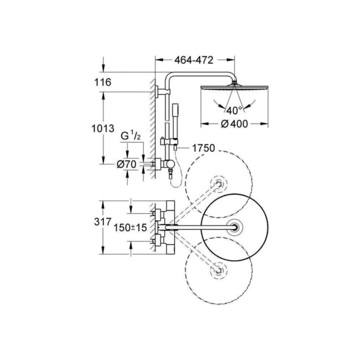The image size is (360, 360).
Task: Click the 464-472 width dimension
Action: [194, 60]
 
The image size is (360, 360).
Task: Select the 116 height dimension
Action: [103, 82]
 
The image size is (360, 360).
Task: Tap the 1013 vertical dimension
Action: [103, 129]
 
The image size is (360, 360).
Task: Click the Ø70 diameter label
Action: [126, 164]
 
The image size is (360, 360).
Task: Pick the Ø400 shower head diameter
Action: [234, 124]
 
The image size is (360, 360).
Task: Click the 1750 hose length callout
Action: [203, 148]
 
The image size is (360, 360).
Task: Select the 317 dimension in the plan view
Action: [103, 222]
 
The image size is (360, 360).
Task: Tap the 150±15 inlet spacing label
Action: [130, 228]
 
